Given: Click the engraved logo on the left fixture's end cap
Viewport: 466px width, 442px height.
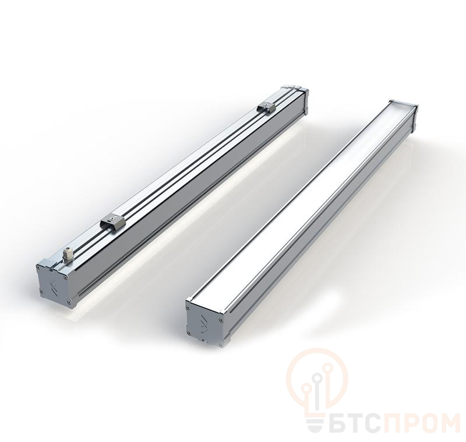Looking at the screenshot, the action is pyautogui.click(x=53, y=281).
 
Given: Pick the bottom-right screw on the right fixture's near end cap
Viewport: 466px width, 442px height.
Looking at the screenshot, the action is pyautogui.click(x=221, y=345).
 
